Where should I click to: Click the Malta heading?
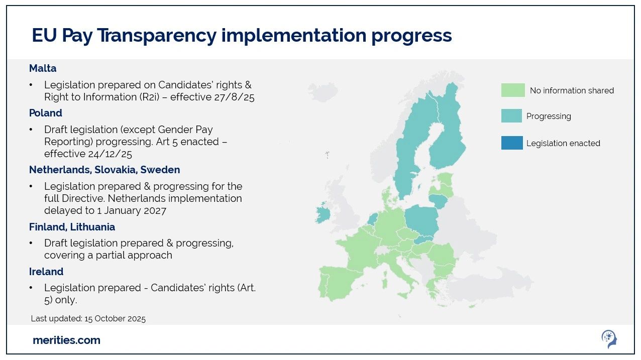[x=43, y=68]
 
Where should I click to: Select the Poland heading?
[x=46, y=113]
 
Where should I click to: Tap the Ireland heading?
[x=46, y=271]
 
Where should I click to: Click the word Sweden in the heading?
[x=160, y=170]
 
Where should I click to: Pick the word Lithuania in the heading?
[x=92, y=227]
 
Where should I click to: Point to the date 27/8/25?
[x=234, y=97]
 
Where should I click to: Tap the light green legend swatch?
[x=513, y=90]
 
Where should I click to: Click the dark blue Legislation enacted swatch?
[x=512, y=143]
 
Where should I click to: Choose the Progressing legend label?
[x=549, y=116]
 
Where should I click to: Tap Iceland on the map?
[x=324, y=91]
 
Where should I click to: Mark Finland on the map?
[x=447, y=129]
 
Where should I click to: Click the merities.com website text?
[x=66, y=340]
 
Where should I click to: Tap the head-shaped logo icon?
[x=609, y=339]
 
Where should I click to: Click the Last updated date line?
[x=88, y=318]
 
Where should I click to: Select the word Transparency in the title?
[x=157, y=36]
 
